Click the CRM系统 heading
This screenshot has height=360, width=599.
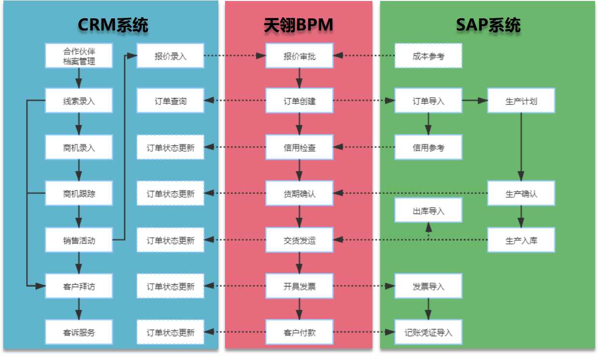(113, 25)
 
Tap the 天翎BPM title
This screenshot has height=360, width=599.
(299, 25)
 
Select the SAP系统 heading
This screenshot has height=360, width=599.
(488, 25)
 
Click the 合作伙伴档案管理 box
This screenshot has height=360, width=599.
(79, 56)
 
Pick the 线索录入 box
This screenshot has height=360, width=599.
(79, 101)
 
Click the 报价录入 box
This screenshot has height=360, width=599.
(170, 56)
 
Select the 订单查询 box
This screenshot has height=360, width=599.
(170, 101)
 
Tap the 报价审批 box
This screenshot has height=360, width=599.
(299, 56)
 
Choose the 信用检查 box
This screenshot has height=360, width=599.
(299, 147)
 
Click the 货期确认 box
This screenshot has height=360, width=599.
(299, 194)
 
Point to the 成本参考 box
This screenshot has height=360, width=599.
(428, 56)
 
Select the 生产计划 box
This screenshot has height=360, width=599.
(521, 101)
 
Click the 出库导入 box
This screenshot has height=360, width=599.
(428, 211)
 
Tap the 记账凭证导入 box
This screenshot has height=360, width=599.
(428, 332)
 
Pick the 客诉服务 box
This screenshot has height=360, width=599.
(79, 332)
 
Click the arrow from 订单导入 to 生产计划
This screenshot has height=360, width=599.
(474, 101)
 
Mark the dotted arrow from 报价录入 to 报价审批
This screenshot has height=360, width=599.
(235, 56)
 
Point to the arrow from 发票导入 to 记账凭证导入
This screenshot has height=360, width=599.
(428, 308)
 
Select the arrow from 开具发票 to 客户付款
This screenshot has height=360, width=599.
(299, 309)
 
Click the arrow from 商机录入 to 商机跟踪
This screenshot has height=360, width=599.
(79, 170)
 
